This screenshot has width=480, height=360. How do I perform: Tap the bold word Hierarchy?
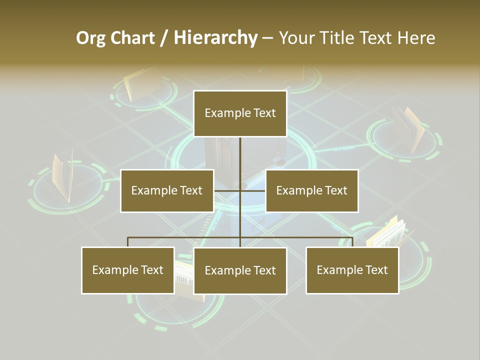click(x=215, y=38)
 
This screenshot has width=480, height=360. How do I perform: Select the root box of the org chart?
click(x=240, y=113)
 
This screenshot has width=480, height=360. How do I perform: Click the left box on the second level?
click(x=167, y=190)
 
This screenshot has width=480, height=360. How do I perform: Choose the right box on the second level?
click(x=312, y=190)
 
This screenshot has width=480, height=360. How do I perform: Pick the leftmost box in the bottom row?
click(x=128, y=270)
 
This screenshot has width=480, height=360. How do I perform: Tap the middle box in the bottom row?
click(x=240, y=270)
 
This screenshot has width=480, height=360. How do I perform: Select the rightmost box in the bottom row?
click(x=352, y=270)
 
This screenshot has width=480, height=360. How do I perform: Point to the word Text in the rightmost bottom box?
click(x=376, y=270)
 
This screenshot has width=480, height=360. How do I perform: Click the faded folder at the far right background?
click(x=409, y=129)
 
